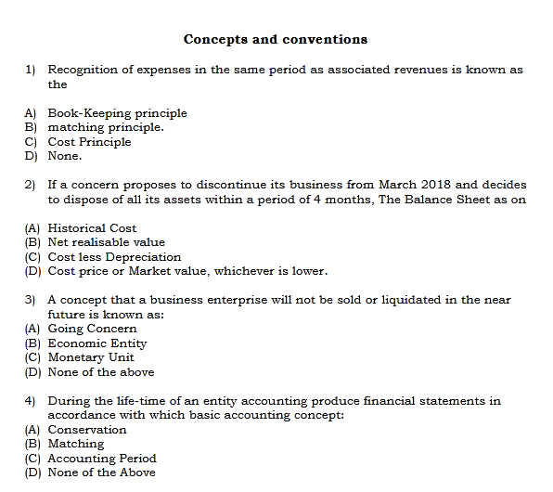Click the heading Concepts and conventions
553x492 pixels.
pos(276,39)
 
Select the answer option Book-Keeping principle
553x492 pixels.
pos(117,113)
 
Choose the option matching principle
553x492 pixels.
pos(106,127)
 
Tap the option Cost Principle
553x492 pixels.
pos(89,142)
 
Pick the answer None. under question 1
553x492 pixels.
pos(65,156)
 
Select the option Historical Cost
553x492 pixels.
pos(92,228)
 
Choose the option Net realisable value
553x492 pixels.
pos(106,242)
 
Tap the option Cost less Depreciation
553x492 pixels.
pos(114,257)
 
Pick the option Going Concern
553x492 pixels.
pos(92,329)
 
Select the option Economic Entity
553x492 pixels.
pos(97,343)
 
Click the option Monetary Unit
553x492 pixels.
pos(91,357)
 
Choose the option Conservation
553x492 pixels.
pos(87,430)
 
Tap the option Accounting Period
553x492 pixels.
pos(102,459)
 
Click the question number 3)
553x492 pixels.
pos(30,300)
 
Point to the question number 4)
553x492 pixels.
pos(30,401)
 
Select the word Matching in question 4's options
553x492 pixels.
pos(76,444)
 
